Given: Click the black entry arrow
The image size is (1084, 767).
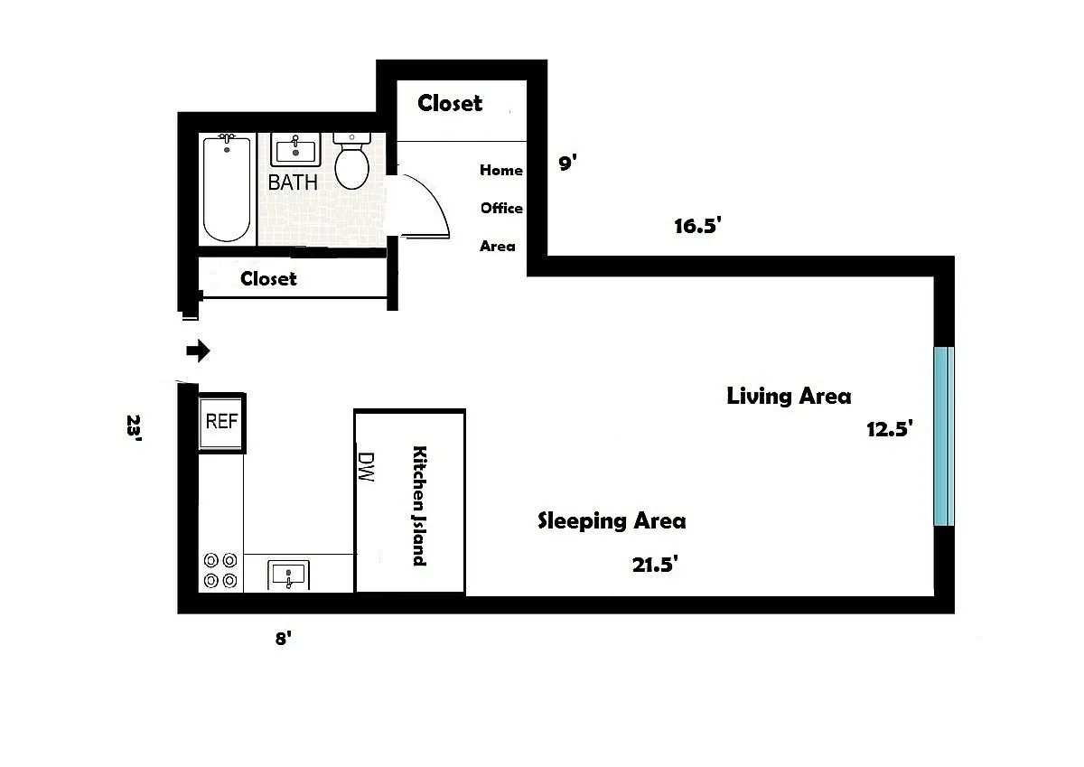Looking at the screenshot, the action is tap(198, 351).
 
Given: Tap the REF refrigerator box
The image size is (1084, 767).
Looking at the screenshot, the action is tap(221, 423).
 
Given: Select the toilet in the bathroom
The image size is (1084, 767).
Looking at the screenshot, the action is tap(351, 161).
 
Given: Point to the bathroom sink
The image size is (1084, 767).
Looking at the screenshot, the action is tap(295, 150).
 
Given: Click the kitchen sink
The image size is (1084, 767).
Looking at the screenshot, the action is tap(288, 575).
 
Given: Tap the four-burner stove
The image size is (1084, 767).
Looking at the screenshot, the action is tap(220, 570).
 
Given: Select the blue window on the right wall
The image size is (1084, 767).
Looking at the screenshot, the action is tap(944, 436).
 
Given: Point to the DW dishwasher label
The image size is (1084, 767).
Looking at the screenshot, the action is tap(366, 466).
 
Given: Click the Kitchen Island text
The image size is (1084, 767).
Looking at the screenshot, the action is tap(419, 506).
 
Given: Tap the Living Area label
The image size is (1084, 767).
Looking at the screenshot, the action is tap(789, 396).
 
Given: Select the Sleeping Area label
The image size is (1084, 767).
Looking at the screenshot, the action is tap(612, 520).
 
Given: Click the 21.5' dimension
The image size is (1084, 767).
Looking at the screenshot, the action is tap(655, 565).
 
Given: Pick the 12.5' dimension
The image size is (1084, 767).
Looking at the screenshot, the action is tap(890, 429).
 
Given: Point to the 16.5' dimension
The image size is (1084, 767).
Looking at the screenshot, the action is tap(697, 226).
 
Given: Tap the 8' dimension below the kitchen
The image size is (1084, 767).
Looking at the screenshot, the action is tap(283, 639).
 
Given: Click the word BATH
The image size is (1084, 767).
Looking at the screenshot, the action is tap(293, 182).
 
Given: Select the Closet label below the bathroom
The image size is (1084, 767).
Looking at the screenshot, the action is tap(268, 278).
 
